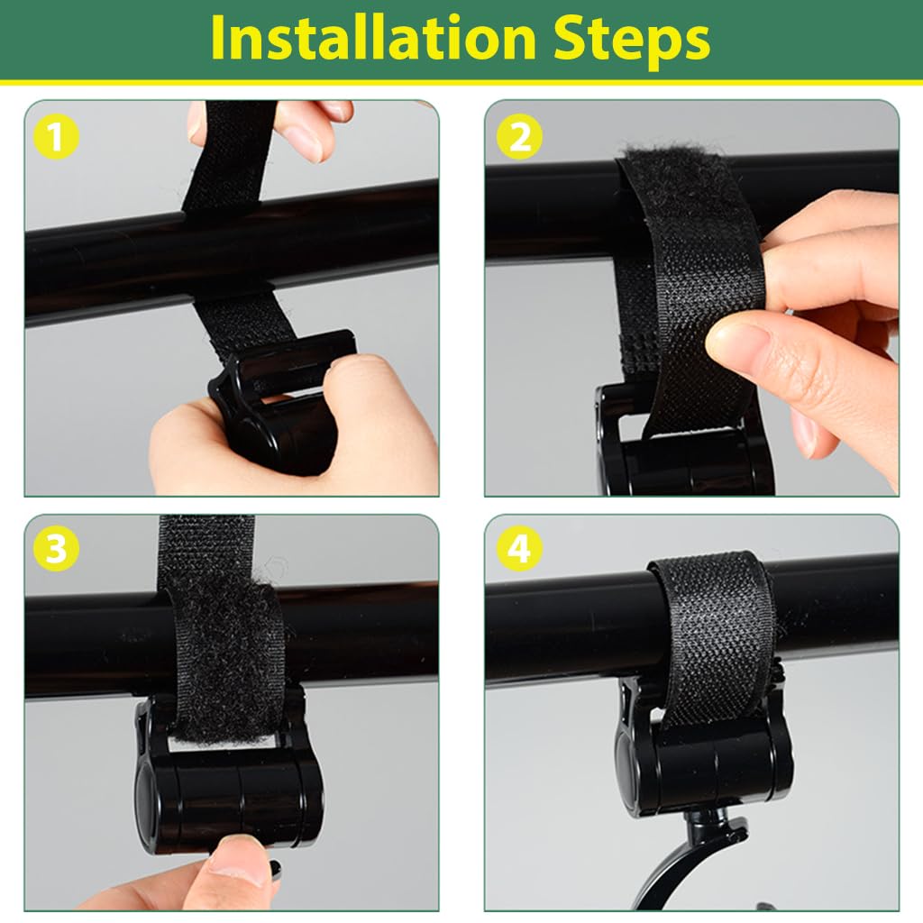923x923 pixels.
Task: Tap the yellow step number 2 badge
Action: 519,138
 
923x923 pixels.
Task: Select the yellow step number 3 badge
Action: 56,551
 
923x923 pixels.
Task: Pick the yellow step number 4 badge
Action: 519,551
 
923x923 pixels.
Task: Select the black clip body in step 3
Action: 230,793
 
